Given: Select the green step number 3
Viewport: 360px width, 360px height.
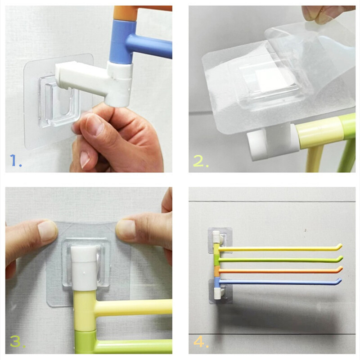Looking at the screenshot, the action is click(x=17, y=342).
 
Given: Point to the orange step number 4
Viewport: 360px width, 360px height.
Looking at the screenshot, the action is click(x=200, y=342).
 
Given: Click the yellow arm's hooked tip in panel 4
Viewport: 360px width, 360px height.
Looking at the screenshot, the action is click(x=340, y=245).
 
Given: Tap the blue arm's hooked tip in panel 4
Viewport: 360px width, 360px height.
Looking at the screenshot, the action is click(x=339, y=280).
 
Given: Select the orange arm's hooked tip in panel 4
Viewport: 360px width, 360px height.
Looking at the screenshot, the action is click(x=341, y=268).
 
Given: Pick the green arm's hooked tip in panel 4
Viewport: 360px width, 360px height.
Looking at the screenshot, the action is click(x=341, y=257).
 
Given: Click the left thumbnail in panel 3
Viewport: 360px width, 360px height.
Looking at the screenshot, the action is click(x=48, y=230).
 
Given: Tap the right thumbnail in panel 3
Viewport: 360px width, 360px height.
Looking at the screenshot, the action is click(x=126, y=229).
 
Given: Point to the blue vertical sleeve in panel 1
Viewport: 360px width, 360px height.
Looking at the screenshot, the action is click(x=121, y=41).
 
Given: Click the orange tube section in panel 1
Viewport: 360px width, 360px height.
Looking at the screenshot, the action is click(x=138, y=13).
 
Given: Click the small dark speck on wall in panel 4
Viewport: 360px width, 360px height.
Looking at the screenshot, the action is click(x=305, y=230).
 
